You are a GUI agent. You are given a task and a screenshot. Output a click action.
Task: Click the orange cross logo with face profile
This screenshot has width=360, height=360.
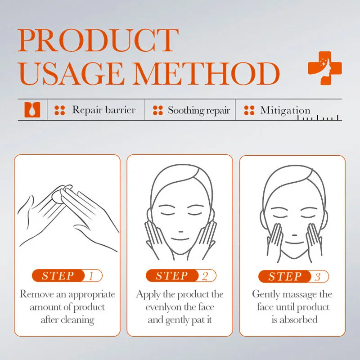point(324,68)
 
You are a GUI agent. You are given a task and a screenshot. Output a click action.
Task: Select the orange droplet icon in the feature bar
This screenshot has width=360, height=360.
point(32,110)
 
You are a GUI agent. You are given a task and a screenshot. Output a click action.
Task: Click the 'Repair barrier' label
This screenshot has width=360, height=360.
point(103,110)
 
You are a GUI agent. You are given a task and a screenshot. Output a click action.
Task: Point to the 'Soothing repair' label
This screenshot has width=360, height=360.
point(198,110)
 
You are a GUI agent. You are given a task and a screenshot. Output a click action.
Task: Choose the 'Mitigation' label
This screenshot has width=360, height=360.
point(285,110)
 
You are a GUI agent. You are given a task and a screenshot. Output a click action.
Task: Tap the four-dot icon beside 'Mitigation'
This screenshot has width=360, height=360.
point(249,110)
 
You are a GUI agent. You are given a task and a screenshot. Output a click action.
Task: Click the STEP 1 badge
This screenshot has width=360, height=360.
point(67,276)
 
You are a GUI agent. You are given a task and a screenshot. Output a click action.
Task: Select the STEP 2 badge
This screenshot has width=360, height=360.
point(180,276)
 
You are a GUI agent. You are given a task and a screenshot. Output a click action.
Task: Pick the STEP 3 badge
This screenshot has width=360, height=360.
point(293,276)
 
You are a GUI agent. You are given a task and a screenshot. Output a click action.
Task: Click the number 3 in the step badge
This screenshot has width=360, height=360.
point(318,276)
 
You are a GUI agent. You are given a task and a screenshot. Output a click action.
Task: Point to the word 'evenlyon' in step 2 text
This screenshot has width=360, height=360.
point(164,307)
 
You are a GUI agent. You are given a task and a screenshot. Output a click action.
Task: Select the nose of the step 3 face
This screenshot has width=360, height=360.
point(293,221)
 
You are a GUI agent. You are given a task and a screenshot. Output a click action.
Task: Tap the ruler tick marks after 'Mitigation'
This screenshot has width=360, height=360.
point(319,118)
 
